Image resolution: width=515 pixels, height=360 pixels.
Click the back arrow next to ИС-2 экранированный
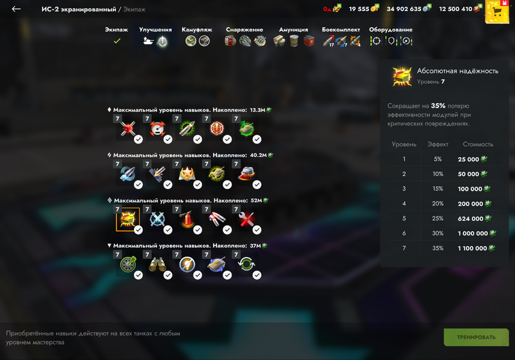click(x=16, y=9)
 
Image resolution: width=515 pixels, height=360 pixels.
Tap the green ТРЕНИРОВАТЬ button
click(x=476, y=337)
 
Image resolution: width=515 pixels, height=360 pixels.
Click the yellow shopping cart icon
click(x=497, y=12)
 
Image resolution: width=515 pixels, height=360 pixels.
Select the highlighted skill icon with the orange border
click(x=127, y=219)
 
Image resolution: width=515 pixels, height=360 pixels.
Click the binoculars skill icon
click(x=157, y=265)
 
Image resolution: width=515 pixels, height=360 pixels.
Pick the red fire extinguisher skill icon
click(x=187, y=219)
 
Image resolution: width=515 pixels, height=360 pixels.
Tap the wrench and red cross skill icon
click(x=247, y=219)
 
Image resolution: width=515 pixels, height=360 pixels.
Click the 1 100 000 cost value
click(x=473, y=249)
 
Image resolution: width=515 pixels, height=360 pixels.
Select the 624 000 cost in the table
click(x=471, y=219)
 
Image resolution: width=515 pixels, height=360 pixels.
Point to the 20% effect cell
click(x=438, y=204)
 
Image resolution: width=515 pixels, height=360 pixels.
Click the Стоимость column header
click(x=478, y=144)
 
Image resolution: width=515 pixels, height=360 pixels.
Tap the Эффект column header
click(x=438, y=144)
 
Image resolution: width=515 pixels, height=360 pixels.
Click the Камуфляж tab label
click(x=197, y=30)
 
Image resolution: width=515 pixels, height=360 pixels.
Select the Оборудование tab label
click(x=391, y=30)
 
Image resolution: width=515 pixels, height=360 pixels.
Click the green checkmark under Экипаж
click(x=117, y=41)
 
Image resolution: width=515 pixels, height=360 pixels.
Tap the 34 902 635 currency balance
click(x=404, y=9)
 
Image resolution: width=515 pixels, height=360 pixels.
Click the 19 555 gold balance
click(x=359, y=9)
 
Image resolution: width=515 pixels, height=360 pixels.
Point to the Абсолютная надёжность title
click(x=458, y=71)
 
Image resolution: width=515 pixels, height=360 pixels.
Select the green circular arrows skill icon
click(x=247, y=264)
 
